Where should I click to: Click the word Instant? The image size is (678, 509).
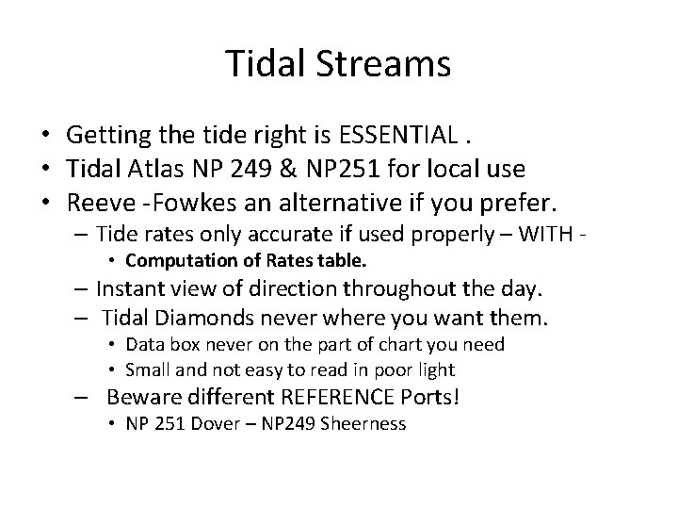(x=132, y=287)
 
